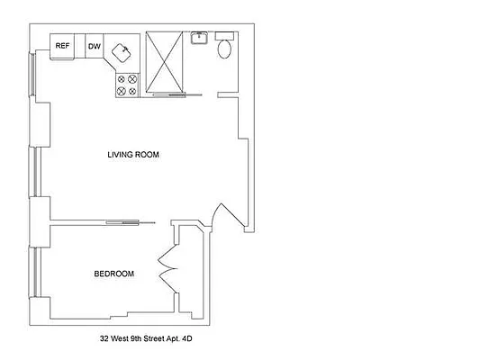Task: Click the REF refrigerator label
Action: point(62,46)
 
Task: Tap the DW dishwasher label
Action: point(94,46)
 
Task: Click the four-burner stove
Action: point(126,85)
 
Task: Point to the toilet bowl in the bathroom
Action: point(224,50)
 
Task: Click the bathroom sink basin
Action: point(200,39)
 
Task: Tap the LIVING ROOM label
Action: point(133,155)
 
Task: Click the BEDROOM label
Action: point(114,274)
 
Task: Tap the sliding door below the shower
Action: point(171,94)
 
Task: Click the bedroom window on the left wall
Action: point(33,274)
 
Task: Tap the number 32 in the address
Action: point(104,341)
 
